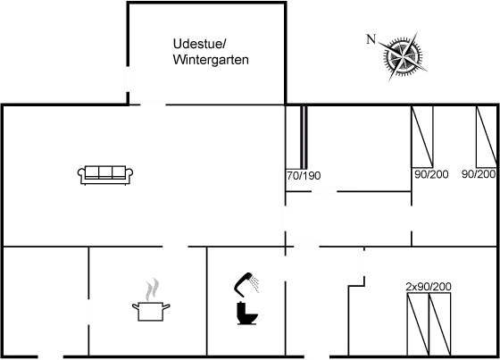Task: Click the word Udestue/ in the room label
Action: [199, 44]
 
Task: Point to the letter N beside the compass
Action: [371, 38]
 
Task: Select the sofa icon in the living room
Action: [106, 174]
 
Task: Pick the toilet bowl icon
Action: [246, 314]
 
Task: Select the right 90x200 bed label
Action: [478, 174]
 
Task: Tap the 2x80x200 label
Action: [428, 287]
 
